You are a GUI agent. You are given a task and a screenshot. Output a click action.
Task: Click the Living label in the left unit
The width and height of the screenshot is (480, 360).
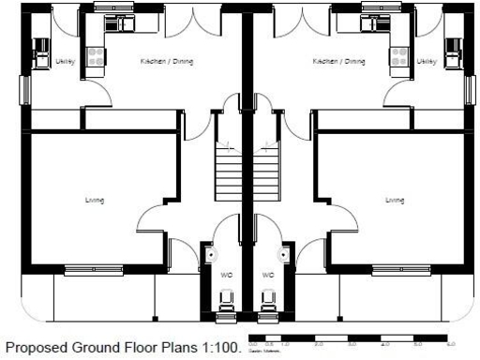[x=94, y=200]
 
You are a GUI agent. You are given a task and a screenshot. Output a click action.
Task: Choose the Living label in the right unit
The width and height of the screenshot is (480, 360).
[x=396, y=200]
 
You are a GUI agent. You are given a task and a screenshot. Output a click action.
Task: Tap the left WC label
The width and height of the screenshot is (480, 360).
[x=226, y=275]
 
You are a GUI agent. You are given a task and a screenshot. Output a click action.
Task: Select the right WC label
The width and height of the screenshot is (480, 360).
[x=267, y=275]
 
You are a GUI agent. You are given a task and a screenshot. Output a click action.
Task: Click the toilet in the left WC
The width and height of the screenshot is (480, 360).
[x=226, y=302]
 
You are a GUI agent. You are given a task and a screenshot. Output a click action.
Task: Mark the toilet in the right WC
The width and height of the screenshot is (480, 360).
[x=268, y=302]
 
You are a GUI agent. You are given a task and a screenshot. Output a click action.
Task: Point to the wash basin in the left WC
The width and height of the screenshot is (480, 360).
[x=212, y=253]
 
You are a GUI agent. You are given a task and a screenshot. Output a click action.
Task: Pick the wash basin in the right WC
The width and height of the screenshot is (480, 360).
[x=281, y=253]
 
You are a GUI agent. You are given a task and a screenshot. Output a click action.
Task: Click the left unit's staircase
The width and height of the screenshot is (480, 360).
[x=230, y=173]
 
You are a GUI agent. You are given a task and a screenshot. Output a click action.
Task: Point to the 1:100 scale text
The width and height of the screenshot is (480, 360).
[x=220, y=348]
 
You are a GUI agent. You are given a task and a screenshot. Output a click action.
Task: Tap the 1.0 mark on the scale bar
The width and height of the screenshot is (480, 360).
[x=286, y=343]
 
